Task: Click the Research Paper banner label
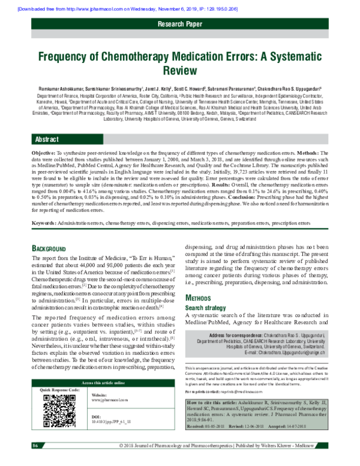pos(179,24)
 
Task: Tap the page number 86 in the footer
pos(35,461)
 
